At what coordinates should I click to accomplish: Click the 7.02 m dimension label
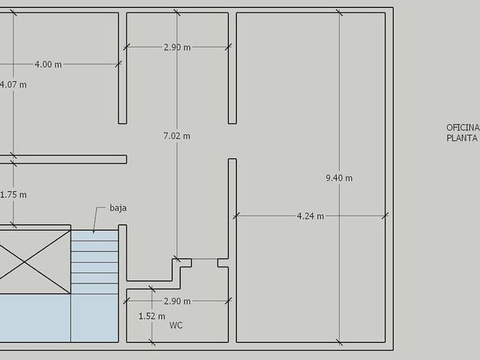pos(177,136)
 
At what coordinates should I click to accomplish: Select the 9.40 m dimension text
pos(339,178)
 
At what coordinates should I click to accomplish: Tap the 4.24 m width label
pos(310,216)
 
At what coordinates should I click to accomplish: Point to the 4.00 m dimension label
pos(48,64)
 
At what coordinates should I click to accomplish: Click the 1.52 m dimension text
pos(151,316)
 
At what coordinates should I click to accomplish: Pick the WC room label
pos(176,325)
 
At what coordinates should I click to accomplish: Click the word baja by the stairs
pos(118,208)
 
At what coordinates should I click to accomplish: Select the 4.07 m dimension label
pos(13,85)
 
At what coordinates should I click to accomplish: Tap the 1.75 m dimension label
pos(13,195)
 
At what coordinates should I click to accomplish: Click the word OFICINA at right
pos(463,127)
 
